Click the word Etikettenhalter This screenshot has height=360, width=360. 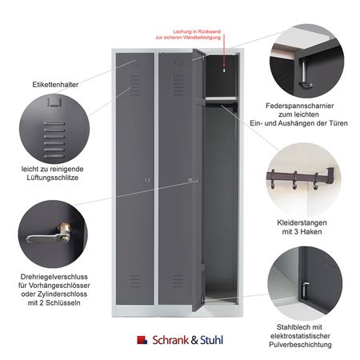click(55, 85)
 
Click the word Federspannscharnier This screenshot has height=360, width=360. click(300, 106)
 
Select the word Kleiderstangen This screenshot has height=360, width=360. click(302, 222)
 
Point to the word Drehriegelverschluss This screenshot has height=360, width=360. click(54, 277)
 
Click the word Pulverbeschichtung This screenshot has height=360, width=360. click(300, 344)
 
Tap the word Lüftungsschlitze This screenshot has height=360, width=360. click(53, 178)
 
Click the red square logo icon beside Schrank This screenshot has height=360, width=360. click(142, 340)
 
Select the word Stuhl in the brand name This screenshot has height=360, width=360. click(211, 340)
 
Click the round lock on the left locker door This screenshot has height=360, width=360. click(148, 180)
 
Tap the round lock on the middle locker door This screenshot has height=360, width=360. click(190, 180)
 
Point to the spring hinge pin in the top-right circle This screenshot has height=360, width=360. click(304, 74)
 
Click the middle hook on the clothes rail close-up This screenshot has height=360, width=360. click(294, 180)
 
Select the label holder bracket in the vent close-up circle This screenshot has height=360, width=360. click(54, 102)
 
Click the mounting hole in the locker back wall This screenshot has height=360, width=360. click(224, 70)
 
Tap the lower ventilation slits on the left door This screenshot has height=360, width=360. click(134, 281)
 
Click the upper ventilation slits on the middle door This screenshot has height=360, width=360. click(178, 86)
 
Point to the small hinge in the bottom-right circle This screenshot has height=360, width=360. click(306, 290)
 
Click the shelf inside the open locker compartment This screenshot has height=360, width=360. click(221, 98)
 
